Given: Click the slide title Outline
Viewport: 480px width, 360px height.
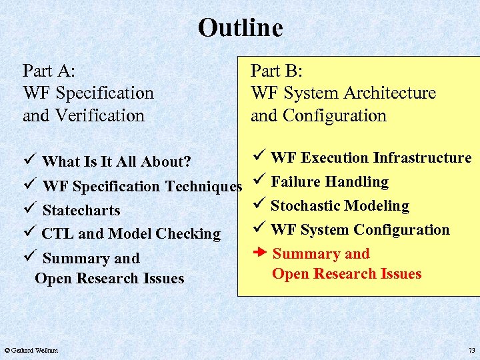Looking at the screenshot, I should (240, 28).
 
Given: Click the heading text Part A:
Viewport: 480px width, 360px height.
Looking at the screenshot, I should (49, 71).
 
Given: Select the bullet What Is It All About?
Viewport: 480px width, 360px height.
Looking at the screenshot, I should (117, 162).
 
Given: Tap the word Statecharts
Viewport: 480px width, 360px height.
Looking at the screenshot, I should (81, 211).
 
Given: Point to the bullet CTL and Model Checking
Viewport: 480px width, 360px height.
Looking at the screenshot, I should (131, 234).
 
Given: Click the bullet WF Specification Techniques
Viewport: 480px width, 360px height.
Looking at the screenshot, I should (142, 187).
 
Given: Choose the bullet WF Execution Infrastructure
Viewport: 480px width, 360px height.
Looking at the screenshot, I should (371, 158).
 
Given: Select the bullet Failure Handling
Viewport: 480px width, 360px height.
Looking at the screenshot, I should (329, 182).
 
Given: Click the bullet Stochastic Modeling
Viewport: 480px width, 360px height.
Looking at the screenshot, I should (339, 206).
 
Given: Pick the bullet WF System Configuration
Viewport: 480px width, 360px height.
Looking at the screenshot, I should (360, 230).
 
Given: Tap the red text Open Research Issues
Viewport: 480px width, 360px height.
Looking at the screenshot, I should (347, 274).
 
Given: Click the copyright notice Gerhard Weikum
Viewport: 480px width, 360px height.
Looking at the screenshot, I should (31, 350).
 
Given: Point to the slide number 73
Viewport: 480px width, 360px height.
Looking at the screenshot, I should (471, 350).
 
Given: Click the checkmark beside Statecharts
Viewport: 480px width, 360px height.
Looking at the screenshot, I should (28, 210).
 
